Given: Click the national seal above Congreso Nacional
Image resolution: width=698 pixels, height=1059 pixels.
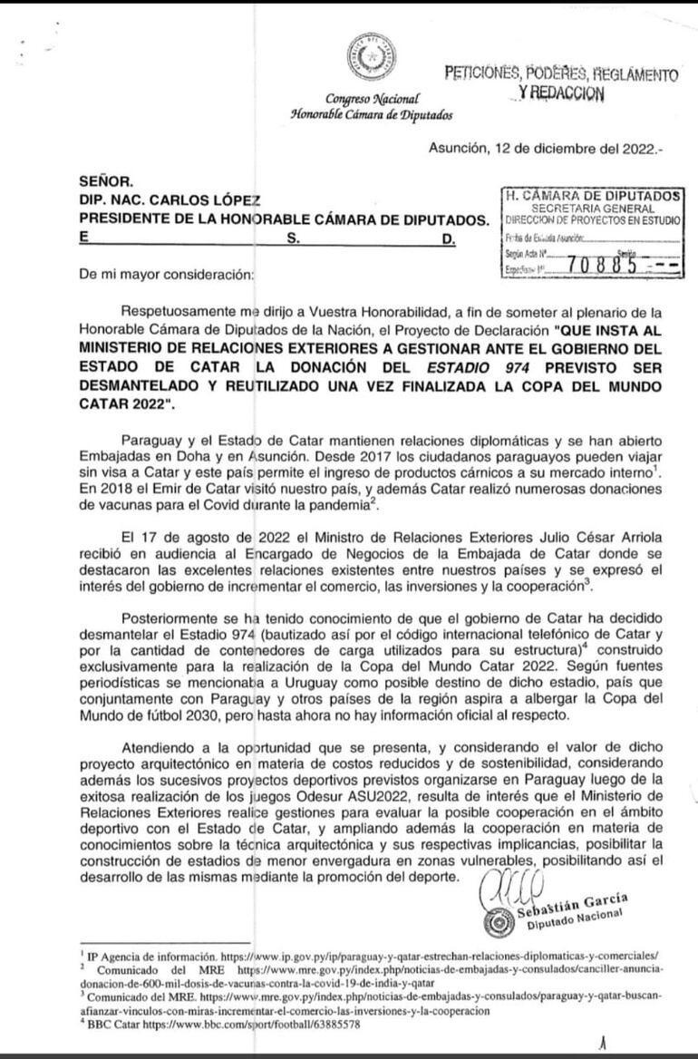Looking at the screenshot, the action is coord(371,59).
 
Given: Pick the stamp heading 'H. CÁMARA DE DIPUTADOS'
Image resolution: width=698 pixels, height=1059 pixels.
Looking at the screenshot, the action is coord(594,194).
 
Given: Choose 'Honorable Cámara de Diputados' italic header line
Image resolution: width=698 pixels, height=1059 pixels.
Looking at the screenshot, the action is coord(372,114).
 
